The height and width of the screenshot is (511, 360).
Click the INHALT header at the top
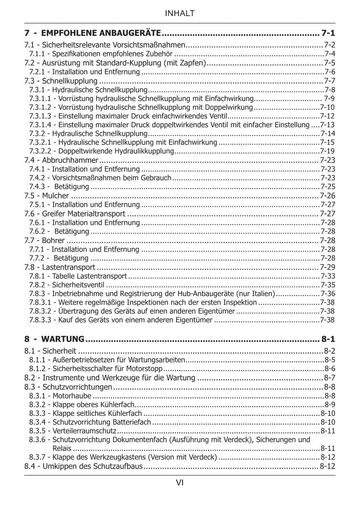point(180,14)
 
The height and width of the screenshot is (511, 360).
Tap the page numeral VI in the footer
point(180,483)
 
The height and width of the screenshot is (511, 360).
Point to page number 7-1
point(328,33)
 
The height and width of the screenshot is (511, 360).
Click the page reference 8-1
point(328,339)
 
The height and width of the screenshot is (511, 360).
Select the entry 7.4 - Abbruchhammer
point(61,160)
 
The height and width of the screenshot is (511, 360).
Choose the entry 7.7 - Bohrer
point(44,240)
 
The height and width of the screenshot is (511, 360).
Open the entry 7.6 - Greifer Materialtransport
point(75,213)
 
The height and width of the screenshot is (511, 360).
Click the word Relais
point(62,448)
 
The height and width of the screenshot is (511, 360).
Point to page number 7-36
point(328,294)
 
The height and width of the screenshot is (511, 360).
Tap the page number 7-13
point(328,125)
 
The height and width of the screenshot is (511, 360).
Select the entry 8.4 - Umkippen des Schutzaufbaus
point(84,467)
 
